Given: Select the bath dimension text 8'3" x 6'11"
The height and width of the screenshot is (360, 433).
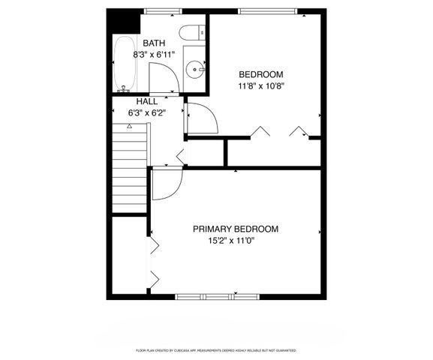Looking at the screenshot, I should point(155,55).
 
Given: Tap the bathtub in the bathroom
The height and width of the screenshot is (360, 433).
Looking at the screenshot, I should point(124,63).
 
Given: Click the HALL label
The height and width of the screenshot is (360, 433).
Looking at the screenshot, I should point(146,101).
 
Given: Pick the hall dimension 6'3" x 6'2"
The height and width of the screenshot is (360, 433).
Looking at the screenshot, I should point(146,112).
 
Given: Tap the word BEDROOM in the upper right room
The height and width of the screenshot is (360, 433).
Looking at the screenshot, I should point(260,74).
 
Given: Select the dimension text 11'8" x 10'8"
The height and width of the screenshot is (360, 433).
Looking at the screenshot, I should point(260,85).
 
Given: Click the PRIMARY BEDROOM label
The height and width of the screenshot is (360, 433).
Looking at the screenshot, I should point(235,229).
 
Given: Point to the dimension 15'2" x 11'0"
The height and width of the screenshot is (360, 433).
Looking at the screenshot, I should point(235,241).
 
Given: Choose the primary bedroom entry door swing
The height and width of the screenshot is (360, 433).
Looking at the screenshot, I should point(167,184).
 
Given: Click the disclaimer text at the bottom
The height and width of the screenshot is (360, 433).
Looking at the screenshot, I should point(216,350).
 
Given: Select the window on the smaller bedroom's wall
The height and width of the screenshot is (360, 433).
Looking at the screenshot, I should point(268,10).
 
